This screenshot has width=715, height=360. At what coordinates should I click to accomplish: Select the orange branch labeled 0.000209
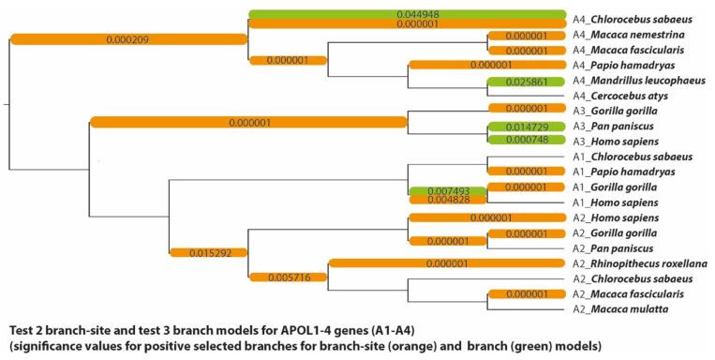[x=127, y=39]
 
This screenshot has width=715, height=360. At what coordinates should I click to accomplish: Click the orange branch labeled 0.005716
[x=288, y=277]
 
